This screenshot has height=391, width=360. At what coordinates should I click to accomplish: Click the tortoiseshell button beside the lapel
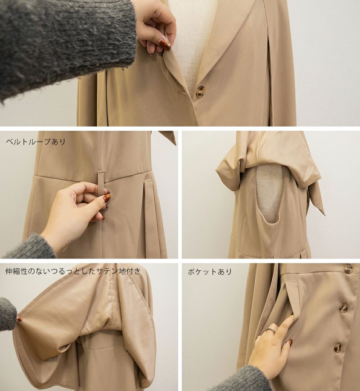pyautogui.click(x=200, y=91)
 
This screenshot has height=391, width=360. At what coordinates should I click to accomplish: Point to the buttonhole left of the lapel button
pyautogui.click(x=182, y=93)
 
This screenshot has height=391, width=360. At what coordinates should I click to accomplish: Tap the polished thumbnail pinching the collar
pyautogui.click(x=165, y=45)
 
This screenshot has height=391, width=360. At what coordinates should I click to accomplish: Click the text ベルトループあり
pyautogui.click(x=36, y=141)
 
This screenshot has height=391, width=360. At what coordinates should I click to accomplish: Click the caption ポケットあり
pyautogui.click(x=210, y=271)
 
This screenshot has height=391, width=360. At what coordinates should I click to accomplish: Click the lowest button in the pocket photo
pyautogui.click(x=338, y=347)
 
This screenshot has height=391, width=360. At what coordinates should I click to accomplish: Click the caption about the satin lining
pyautogui.click(x=73, y=271)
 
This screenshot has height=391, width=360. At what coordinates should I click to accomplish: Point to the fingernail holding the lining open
pyautogui.click(x=19, y=319)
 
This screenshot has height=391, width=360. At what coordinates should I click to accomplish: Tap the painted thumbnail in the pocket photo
pyautogui.click(x=290, y=342)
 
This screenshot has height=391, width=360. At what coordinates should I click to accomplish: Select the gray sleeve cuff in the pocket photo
pyautogui.click(x=245, y=378)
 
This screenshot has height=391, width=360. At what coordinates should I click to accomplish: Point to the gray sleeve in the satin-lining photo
pyautogui.click(x=8, y=314)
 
